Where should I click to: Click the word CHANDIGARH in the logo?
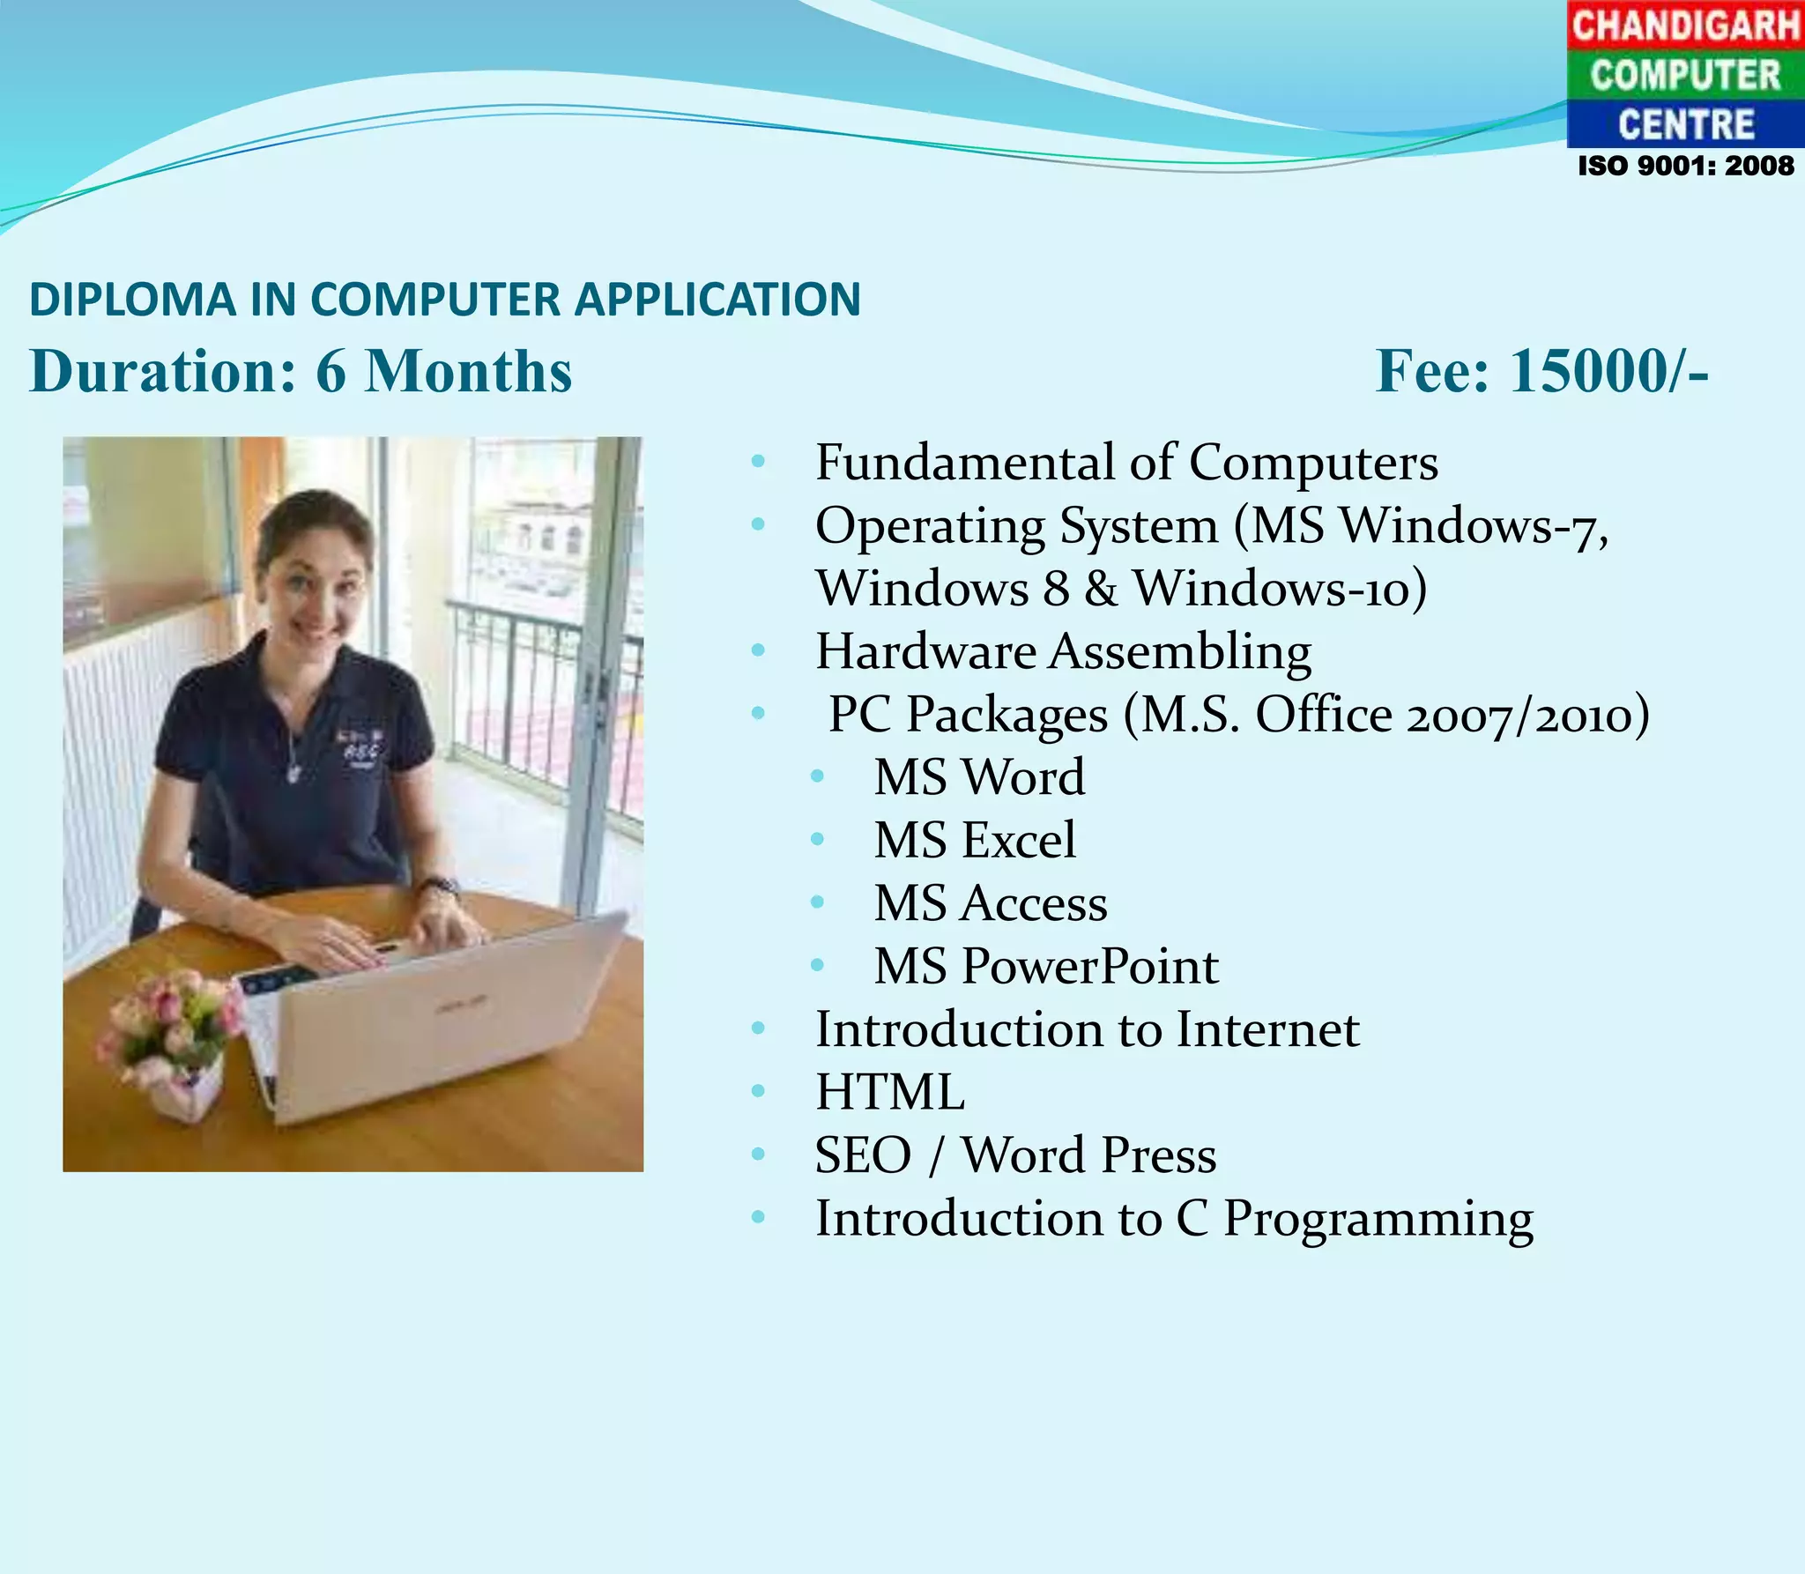pyautogui.click(x=1685, y=25)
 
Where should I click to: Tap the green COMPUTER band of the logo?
pyautogui.click(x=1685, y=75)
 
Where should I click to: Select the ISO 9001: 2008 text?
pyautogui.click(x=1685, y=166)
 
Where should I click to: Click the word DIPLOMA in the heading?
pyautogui.click(x=132, y=300)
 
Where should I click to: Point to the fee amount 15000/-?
pyautogui.click(x=1609, y=371)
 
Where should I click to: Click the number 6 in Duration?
pyautogui.click(x=331, y=371)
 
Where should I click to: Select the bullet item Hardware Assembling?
pyautogui.click(x=1063, y=652)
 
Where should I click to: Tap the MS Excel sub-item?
pyautogui.click(x=974, y=840)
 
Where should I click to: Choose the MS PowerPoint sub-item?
pyautogui.click(x=1045, y=966)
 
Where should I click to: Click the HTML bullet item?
pyautogui.click(x=889, y=1093)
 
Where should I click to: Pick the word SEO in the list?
pyautogui.click(x=862, y=1155)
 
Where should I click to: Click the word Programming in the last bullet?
pyautogui.click(x=1378, y=1220)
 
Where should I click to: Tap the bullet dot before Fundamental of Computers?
pyautogui.click(x=758, y=462)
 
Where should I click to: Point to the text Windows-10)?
pyautogui.click(x=1279, y=589)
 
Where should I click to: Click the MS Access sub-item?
pyautogui.click(x=990, y=903)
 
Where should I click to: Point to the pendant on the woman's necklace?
pyautogui.click(x=293, y=774)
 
